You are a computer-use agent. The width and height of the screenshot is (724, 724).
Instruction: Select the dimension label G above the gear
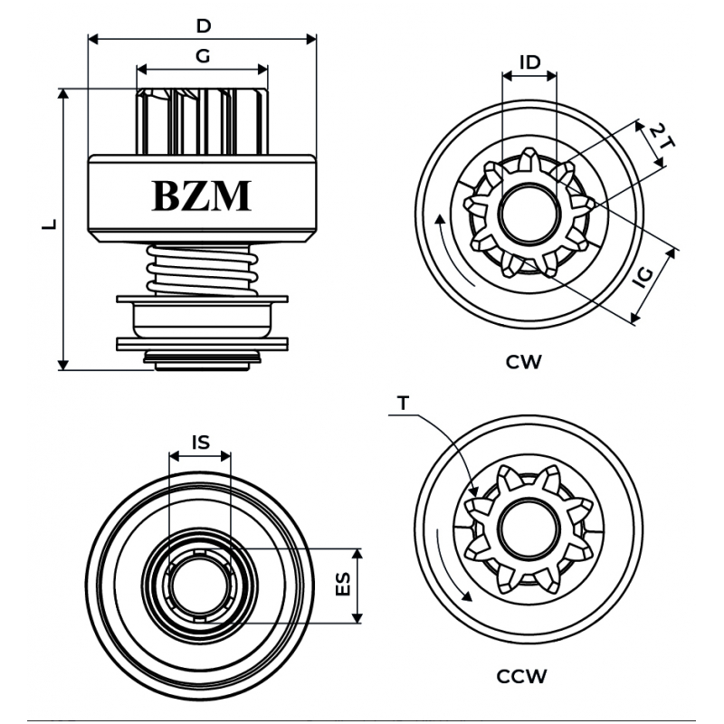(203, 56)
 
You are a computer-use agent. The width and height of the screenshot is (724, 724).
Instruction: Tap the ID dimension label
(529, 62)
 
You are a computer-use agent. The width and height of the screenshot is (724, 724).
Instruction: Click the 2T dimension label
(660, 138)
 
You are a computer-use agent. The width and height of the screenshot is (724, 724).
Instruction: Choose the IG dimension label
(643, 277)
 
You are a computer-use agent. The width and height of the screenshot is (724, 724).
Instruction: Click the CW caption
(524, 362)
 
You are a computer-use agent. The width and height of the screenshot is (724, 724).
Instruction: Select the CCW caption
(522, 675)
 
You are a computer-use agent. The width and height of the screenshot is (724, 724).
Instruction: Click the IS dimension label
(201, 442)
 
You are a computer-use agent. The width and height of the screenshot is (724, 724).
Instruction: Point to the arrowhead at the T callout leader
(474, 493)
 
